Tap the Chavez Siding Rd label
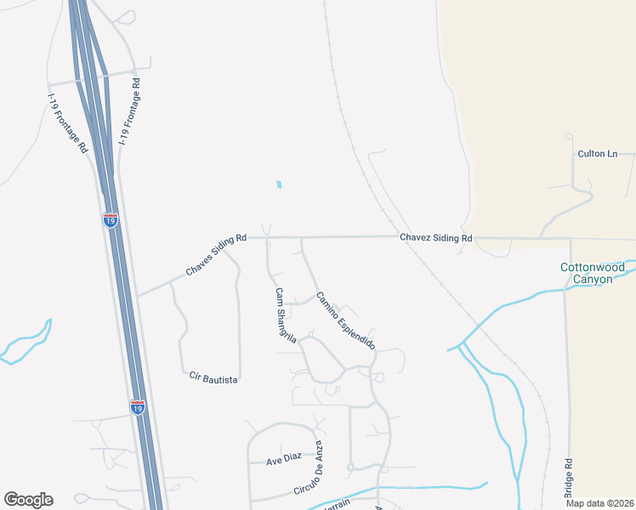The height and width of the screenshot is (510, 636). (435, 239)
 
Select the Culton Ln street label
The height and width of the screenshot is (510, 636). (597, 154)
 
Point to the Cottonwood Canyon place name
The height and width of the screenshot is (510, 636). (592, 273)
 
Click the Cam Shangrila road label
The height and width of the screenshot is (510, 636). (285, 315)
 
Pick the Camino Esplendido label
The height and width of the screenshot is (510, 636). (345, 321)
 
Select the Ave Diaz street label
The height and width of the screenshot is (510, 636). (285, 460)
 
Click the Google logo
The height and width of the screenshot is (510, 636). (28, 500)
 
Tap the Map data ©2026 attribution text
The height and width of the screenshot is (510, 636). (600, 503)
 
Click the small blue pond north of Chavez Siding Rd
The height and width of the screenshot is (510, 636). (279, 184)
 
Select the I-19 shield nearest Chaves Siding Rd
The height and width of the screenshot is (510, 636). (111, 220)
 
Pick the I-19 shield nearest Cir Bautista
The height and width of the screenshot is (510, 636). (138, 407)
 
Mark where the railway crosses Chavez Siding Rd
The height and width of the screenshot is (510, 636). (396, 237)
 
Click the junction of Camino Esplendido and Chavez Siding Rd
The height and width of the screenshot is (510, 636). (302, 238)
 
